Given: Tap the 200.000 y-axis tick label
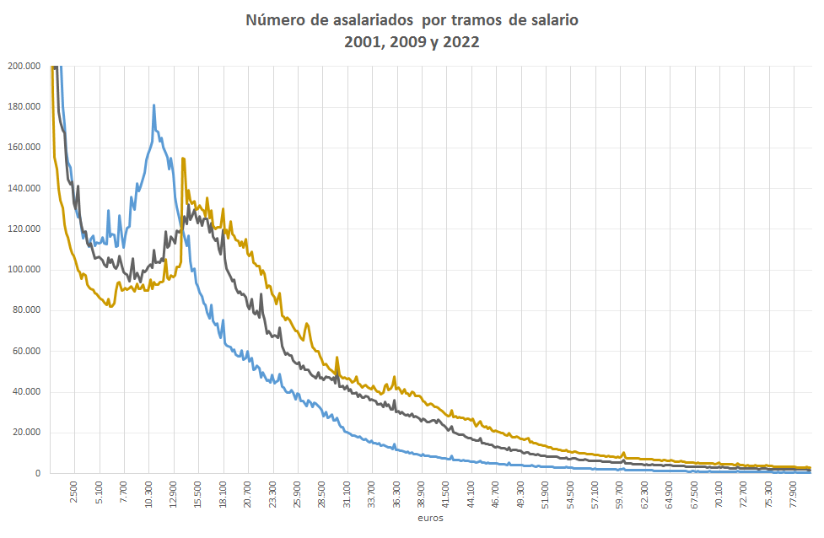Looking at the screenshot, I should [25, 66].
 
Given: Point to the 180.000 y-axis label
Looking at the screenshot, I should [25, 107].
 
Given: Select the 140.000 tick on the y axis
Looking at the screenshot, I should [25, 189].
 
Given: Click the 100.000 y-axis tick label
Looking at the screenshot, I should [25, 270].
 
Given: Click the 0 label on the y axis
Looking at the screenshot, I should [38, 474].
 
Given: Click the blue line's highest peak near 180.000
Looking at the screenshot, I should [153, 105].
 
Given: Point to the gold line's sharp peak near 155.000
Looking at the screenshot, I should [182, 159].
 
